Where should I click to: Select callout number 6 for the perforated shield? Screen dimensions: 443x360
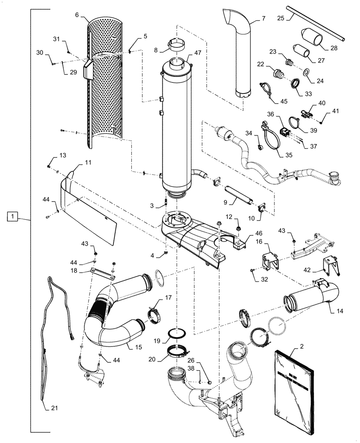point(77,15)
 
